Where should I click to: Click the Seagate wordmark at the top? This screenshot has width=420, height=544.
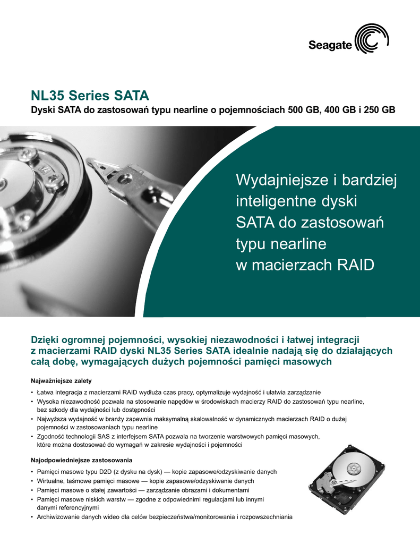(x=330, y=46)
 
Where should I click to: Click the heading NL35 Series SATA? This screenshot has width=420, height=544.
(x=90, y=96)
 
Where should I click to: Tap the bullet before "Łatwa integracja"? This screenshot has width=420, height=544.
(x=33, y=392)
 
